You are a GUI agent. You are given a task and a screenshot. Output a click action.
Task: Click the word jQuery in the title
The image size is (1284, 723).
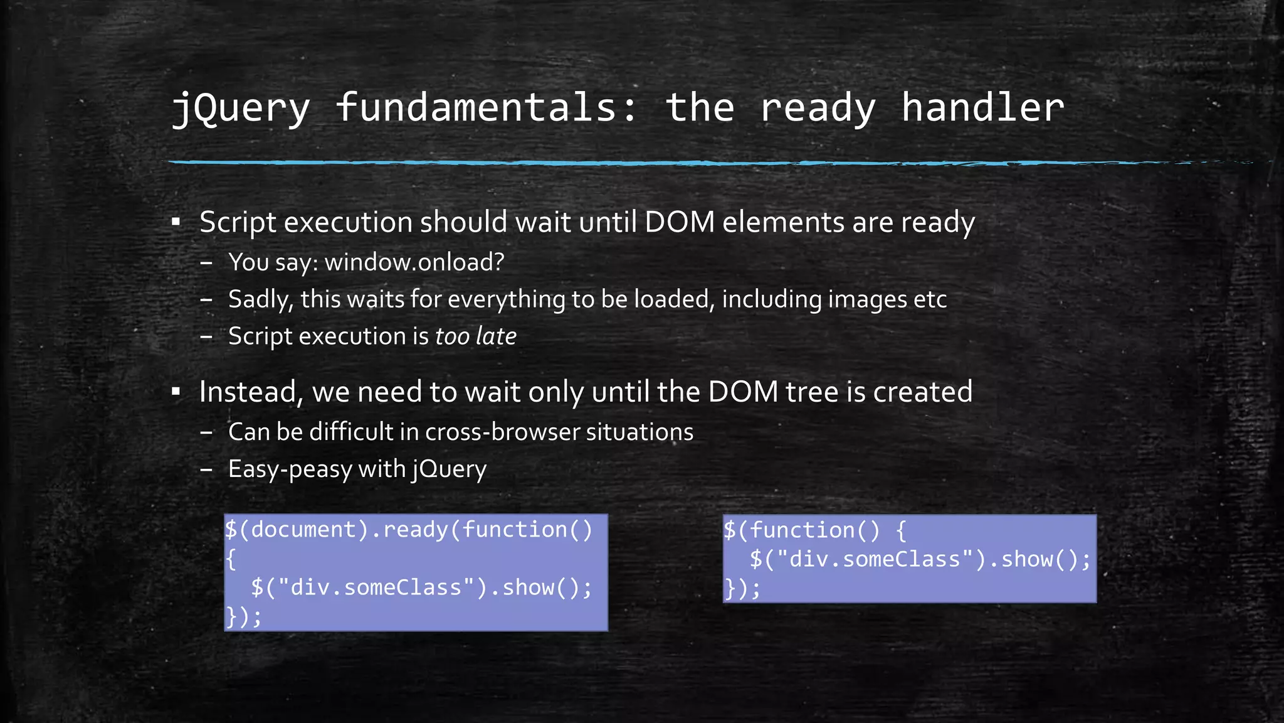[241, 108]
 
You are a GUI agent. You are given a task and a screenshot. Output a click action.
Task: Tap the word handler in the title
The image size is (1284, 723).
[982, 108]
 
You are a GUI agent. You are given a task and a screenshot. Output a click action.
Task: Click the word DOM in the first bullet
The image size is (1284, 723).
[680, 222]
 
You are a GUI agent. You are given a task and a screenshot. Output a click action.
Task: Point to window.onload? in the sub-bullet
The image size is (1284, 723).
[414, 262]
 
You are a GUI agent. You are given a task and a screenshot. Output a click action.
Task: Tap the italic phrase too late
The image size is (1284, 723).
[476, 336]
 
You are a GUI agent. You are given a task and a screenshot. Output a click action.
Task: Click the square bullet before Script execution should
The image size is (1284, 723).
[176, 222]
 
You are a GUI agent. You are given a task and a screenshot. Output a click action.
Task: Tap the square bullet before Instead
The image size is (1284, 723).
[176, 392]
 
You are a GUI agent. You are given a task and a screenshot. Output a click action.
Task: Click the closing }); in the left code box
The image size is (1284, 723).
[243, 616]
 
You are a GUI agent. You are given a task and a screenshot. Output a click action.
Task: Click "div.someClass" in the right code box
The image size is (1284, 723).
[875, 559]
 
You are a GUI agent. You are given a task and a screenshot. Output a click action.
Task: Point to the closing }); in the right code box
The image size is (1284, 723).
[742, 589]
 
